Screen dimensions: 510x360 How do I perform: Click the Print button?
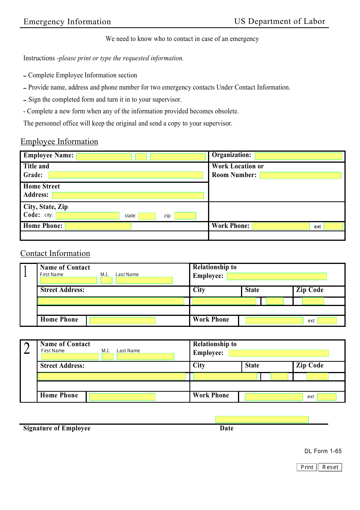click(x=307, y=467)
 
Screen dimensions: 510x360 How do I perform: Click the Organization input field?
click(x=298, y=156)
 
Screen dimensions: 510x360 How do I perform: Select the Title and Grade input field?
click(x=126, y=175)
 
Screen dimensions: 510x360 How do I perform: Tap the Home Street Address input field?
click(x=128, y=195)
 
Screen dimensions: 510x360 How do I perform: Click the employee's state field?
click(x=147, y=216)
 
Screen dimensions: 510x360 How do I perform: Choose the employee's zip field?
click(x=185, y=216)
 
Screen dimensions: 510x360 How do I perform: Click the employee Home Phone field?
click(x=98, y=226)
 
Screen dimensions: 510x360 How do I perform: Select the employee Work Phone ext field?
click(x=333, y=226)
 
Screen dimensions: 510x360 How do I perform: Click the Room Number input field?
click(x=300, y=176)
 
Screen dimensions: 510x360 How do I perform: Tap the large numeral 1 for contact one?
click(x=25, y=271)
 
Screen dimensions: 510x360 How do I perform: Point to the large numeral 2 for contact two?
click(x=27, y=348)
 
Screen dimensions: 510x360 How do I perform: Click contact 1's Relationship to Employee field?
click(x=277, y=276)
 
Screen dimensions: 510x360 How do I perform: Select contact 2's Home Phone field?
click(x=122, y=397)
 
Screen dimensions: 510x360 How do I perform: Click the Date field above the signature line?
click(x=262, y=419)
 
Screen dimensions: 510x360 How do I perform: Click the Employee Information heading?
click(x=59, y=141)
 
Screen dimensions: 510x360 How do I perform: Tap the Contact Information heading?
click(x=55, y=253)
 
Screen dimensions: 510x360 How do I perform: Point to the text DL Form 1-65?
click(x=323, y=451)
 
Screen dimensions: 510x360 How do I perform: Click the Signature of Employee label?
click(x=57, y=428)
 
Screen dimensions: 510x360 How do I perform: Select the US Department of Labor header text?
click(x=280, y=21)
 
